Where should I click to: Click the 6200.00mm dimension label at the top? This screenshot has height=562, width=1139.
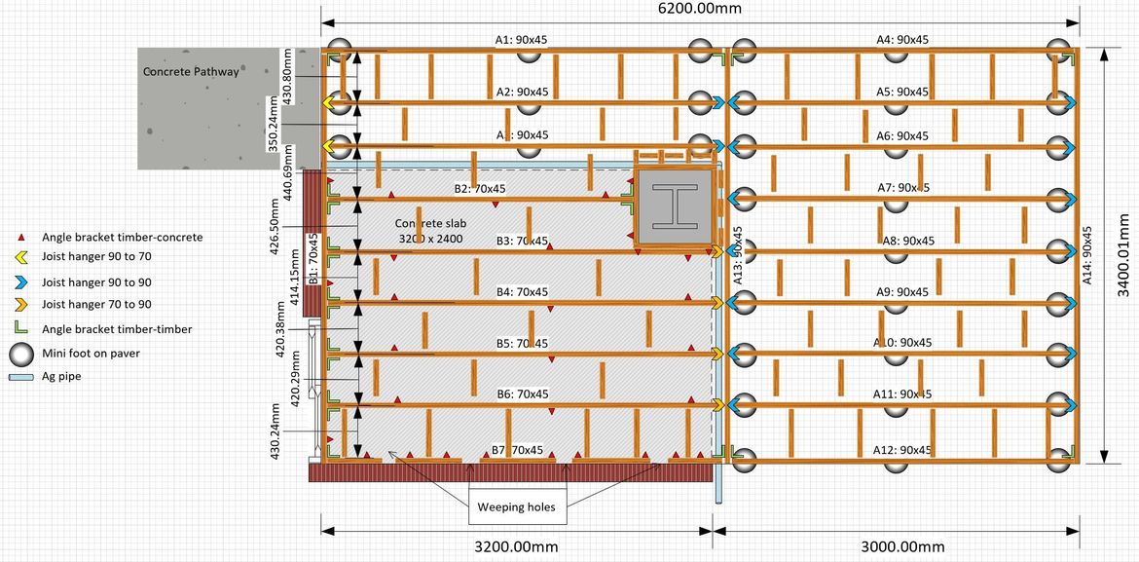[x=700, y=10]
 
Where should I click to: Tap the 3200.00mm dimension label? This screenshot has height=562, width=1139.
[x=516, y=546]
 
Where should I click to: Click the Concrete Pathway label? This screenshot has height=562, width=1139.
[x=191, y=71]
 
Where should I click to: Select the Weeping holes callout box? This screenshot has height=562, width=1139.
[x=516, y=506]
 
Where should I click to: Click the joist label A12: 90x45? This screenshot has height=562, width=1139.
[x=902, y=450]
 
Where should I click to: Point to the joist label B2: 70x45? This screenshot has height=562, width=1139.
[x=481, y=188]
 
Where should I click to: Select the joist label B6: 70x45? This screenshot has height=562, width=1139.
[x=523, y=394]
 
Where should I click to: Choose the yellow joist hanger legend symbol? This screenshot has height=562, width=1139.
[x=20, y=257]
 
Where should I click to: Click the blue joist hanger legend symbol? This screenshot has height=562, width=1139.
[x=20, y=282]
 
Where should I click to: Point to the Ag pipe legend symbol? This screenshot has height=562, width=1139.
[x=20, y=376]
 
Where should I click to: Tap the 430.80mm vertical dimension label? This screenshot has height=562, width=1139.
[x=287, y=71]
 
